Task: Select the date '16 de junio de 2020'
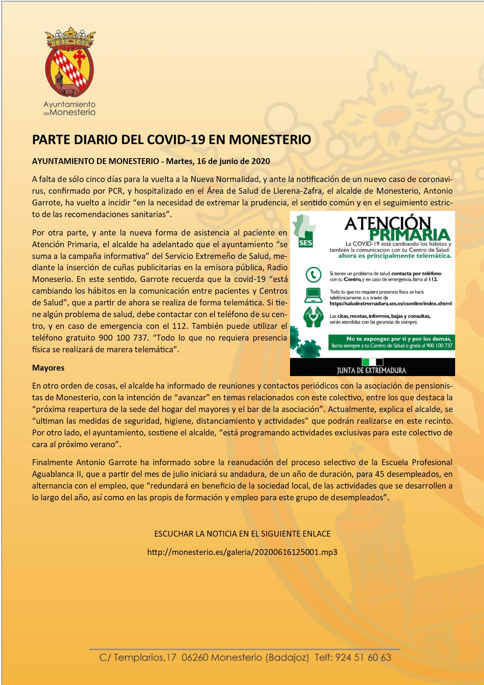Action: [233, 161]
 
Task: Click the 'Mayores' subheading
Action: [48, 368]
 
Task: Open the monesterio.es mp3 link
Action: [242, 552]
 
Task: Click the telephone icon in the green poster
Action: [313, 275]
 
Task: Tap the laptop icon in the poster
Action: [313, 295]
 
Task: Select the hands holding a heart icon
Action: [313, 317]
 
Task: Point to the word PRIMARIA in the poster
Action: [409, 235]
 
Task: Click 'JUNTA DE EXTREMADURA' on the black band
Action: [372, 370]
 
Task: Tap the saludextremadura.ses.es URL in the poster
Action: [390, 303]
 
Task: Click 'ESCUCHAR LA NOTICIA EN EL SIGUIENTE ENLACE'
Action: [242, 534]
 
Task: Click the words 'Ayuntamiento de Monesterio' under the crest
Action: [69, 109]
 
